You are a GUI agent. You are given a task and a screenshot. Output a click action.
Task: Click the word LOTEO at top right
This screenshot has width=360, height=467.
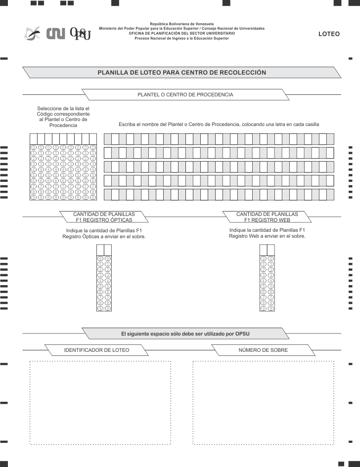coord(329,34)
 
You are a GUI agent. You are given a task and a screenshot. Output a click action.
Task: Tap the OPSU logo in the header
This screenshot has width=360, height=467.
coord(81,34)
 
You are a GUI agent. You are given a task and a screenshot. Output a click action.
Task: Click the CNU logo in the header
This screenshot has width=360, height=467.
coord(56,34)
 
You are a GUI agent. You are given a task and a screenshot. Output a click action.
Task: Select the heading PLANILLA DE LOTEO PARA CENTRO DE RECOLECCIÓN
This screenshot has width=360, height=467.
coord(181,73)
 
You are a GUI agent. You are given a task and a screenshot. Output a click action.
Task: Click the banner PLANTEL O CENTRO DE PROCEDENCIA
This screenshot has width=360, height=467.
coord(185,94)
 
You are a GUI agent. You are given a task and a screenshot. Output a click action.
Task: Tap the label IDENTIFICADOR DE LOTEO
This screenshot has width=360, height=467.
coord(97,350)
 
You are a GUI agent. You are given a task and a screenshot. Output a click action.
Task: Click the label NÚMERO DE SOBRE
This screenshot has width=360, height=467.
coord(263,350)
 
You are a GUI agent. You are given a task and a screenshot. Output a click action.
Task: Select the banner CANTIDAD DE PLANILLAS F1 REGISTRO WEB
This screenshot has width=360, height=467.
coord(267,217)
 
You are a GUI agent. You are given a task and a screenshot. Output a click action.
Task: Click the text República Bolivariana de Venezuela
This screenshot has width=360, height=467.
coord(182,24)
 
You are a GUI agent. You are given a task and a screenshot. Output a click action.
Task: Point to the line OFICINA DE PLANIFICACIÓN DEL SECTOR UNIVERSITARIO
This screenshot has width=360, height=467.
coord(182,33)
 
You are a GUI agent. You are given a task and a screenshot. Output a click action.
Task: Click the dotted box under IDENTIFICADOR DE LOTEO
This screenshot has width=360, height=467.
coord(101,403)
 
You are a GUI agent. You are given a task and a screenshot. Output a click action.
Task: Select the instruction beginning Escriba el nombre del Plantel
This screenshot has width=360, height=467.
coord(219,125)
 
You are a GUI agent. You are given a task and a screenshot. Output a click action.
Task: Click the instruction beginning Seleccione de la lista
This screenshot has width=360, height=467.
coord(63,117)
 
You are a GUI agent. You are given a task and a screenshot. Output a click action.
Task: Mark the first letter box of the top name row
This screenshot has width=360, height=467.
coord(108,139)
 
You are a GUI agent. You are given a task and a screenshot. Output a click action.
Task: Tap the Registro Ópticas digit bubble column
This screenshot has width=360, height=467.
coord(104,284)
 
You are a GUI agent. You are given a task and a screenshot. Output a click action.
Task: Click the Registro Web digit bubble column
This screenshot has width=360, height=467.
coord(267,284)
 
